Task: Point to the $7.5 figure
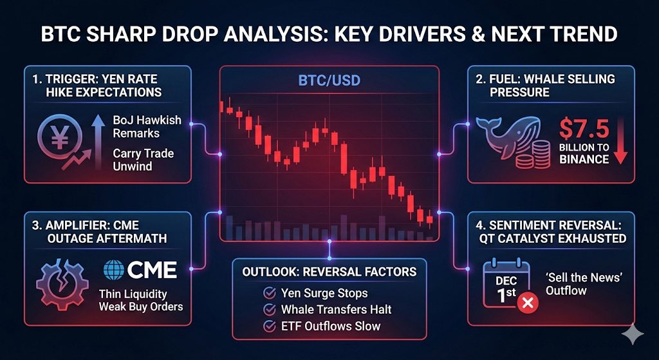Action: [x=584, y=128]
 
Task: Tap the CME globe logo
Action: [x=114, y=269]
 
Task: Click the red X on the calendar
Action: [x=526, y=302]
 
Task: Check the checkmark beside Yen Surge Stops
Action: [x=270, y=293]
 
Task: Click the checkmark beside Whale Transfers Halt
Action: [x=270, y=310]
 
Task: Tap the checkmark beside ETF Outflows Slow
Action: [x=270, y=327]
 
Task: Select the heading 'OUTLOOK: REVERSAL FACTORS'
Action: [x=329, y=271]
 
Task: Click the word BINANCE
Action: [x=584, y=159]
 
